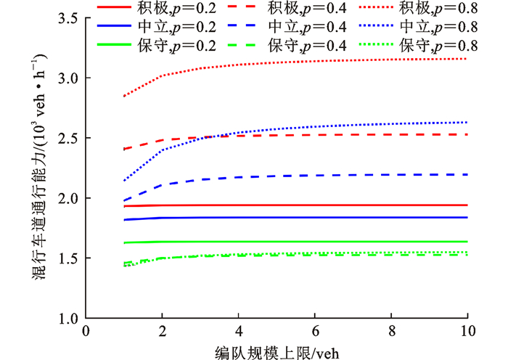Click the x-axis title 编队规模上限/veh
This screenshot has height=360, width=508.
tap(276, 351)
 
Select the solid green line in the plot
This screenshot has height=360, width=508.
tap(290, 242)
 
